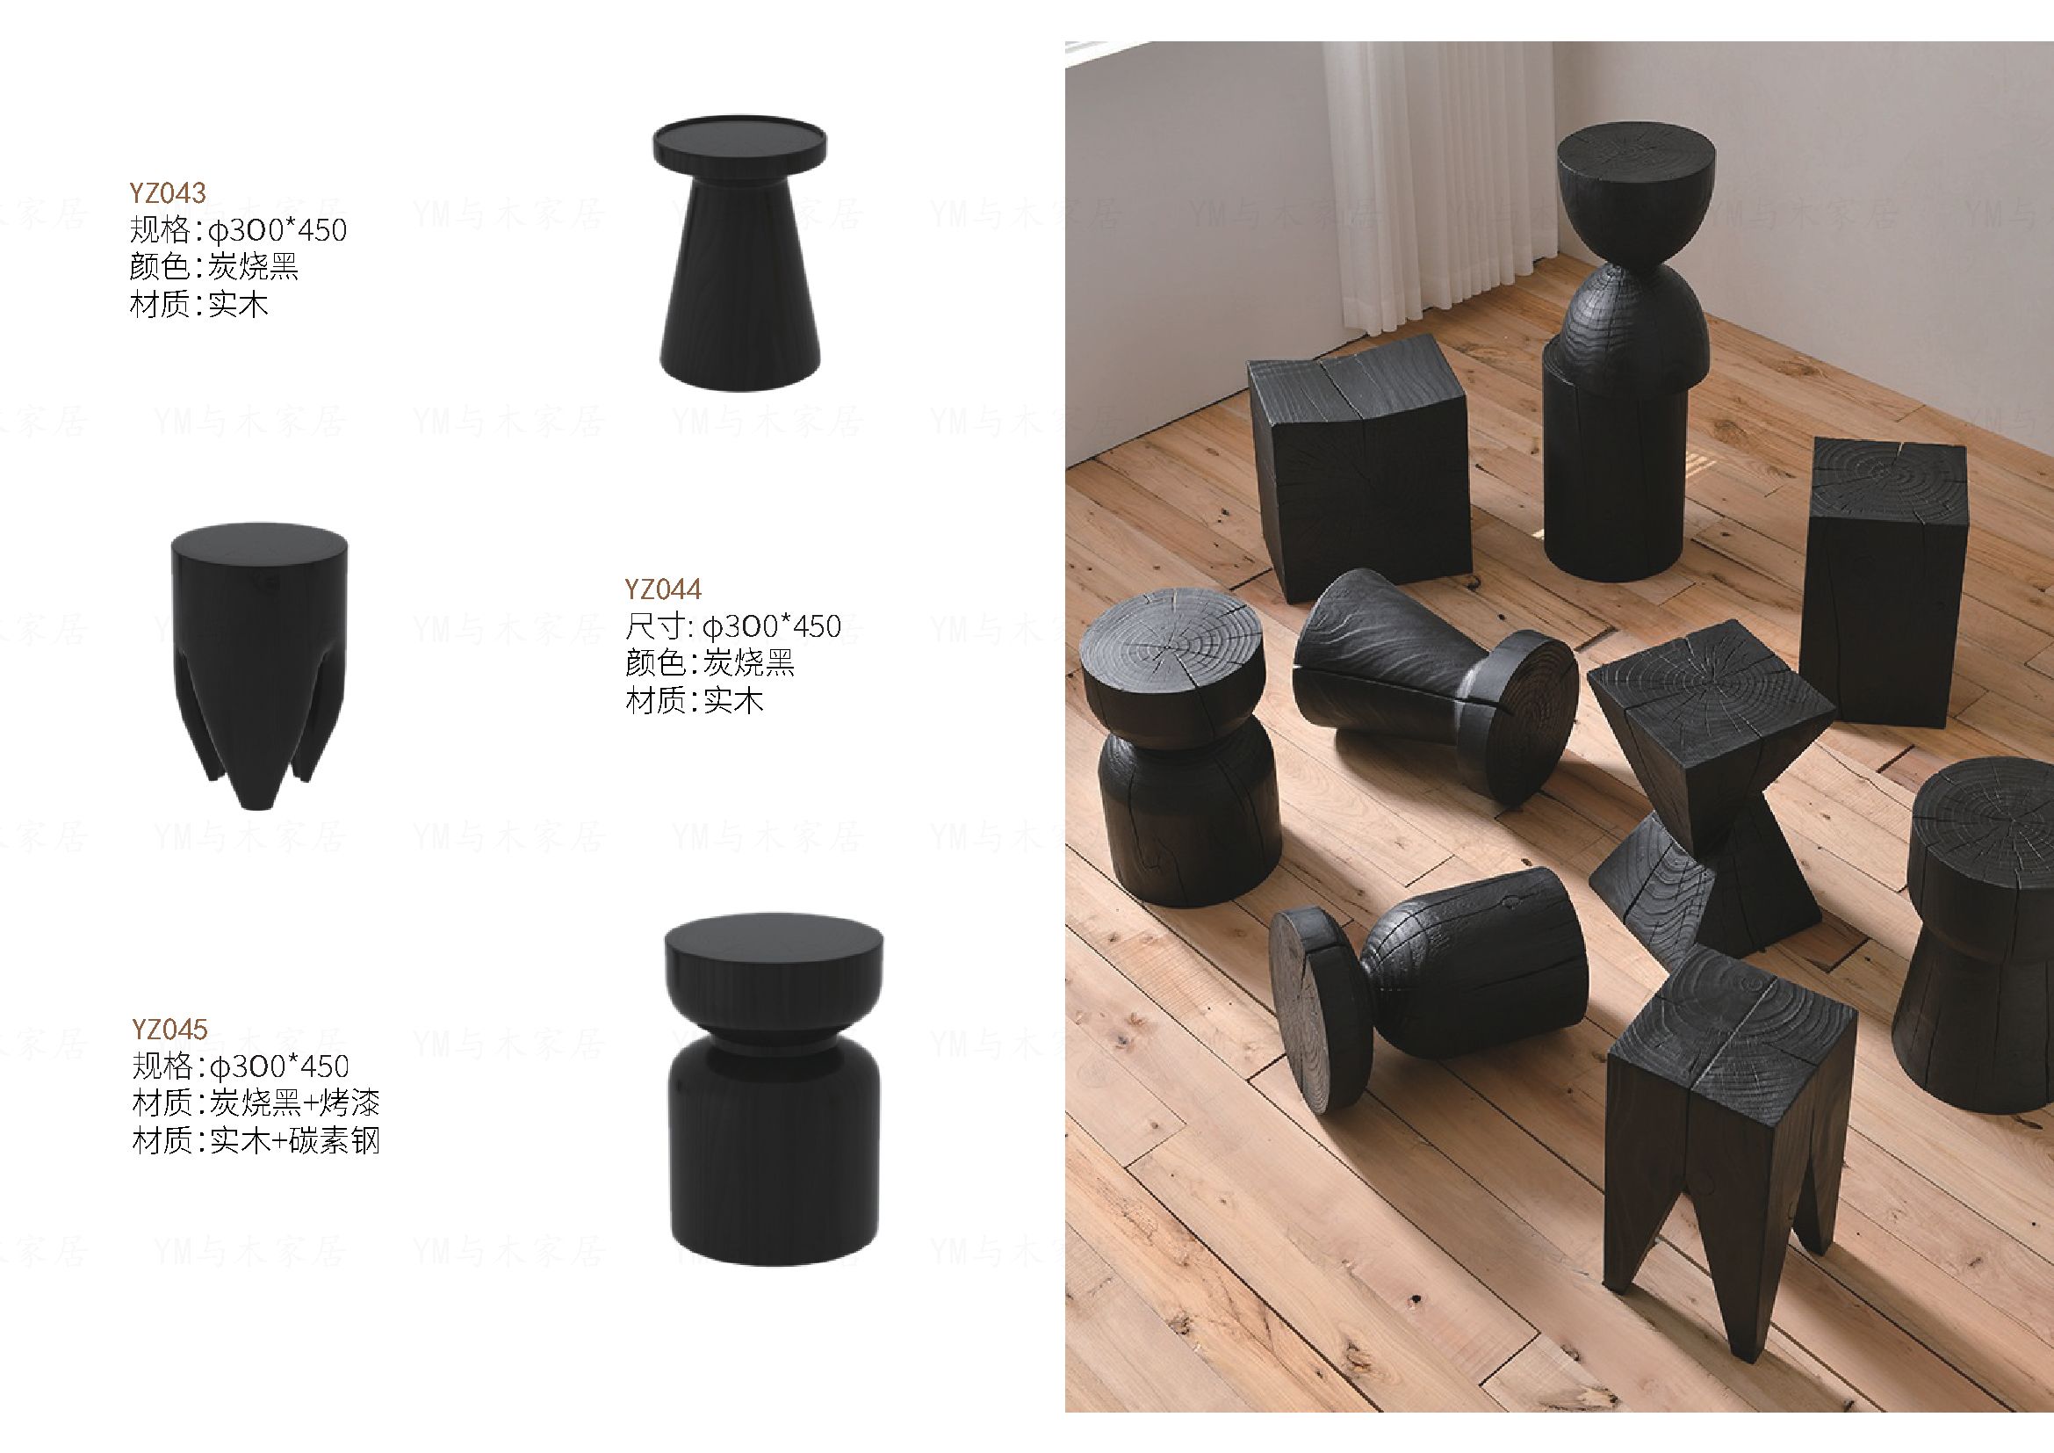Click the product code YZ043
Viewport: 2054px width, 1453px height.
pyautogui.click(x=169, y=192)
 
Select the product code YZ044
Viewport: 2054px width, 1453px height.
pyautogui.click(x=663, y=589)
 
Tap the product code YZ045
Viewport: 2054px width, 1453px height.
pyautogui.click(x=169, y=1029)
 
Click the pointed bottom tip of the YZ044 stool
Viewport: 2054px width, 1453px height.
pyautogui.click(x=257, y=802)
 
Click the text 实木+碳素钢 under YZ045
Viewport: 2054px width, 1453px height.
pyautogui.click(x=295, y=1142)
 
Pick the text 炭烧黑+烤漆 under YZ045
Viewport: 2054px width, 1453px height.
pyautogui.click(x=295, y=1103)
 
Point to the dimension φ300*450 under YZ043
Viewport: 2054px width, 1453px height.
pyautogui.click(x=277, y=230)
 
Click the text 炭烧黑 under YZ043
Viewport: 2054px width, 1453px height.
pyautogui.click(x=253, y=268)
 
